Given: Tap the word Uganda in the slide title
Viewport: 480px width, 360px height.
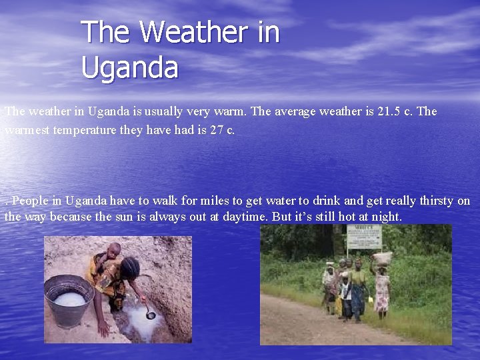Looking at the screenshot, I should click(x=130, y=67).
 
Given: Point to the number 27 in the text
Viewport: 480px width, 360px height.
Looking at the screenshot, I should click(x=217, y=130).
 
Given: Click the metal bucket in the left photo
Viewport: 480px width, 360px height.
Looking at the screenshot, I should click(x=69, y=300).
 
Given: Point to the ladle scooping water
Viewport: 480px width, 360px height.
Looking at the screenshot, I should click(x=151, y=313).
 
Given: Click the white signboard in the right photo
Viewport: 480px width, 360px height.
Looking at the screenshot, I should click(x=364, y=237).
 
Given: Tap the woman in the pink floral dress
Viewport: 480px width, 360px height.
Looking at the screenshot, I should click(x=382, y=291).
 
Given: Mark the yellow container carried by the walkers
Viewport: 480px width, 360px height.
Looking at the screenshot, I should click(x=371, y=300).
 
